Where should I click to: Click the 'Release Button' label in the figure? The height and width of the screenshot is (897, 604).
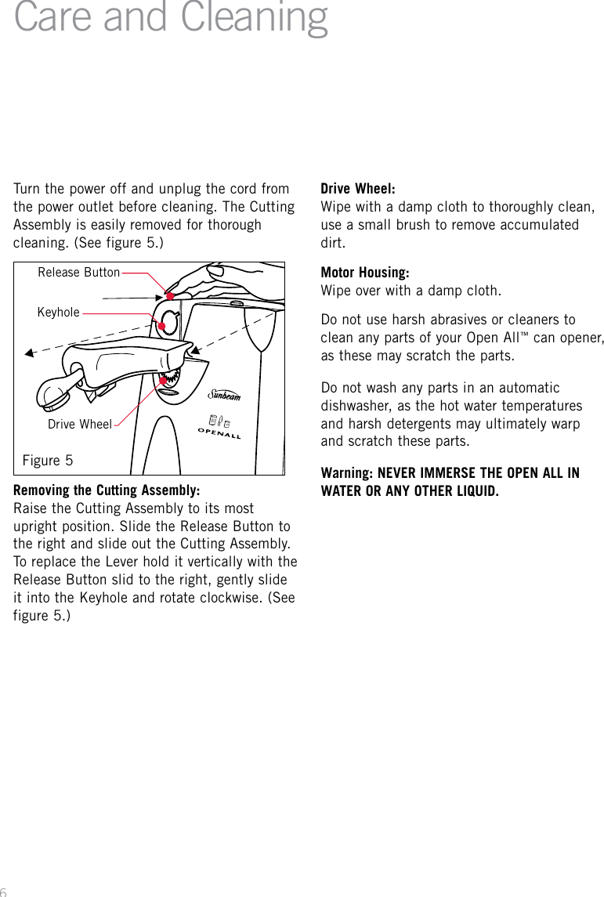pyautogui.click(x=79, y=273)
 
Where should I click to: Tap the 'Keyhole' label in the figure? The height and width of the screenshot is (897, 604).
pyautogui.click(x=59, y=312)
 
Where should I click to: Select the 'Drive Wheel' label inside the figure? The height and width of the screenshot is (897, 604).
pyautogui.click(x=80, y=425)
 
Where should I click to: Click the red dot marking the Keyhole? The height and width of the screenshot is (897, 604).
pyautogui.click(x=161, y=326)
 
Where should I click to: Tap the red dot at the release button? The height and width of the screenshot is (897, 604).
pyautogui.click(x=169, y=296)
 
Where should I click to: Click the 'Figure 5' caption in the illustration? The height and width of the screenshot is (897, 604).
pyautogui.click(x=48, y=460)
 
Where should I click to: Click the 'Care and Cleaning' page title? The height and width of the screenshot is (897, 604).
pyautogui.click(x=171, y=19)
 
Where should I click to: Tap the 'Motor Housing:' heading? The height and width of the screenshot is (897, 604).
pyautogui.click(x=365, y=273)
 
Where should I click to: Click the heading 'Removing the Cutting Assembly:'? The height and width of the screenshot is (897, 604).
pyautogui.click(x=107, y=490)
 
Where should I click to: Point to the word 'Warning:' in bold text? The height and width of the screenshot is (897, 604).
pyautogui.click(x=347, y=473)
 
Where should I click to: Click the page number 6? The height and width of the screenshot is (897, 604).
pyautogui.click(x=4, y=892)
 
